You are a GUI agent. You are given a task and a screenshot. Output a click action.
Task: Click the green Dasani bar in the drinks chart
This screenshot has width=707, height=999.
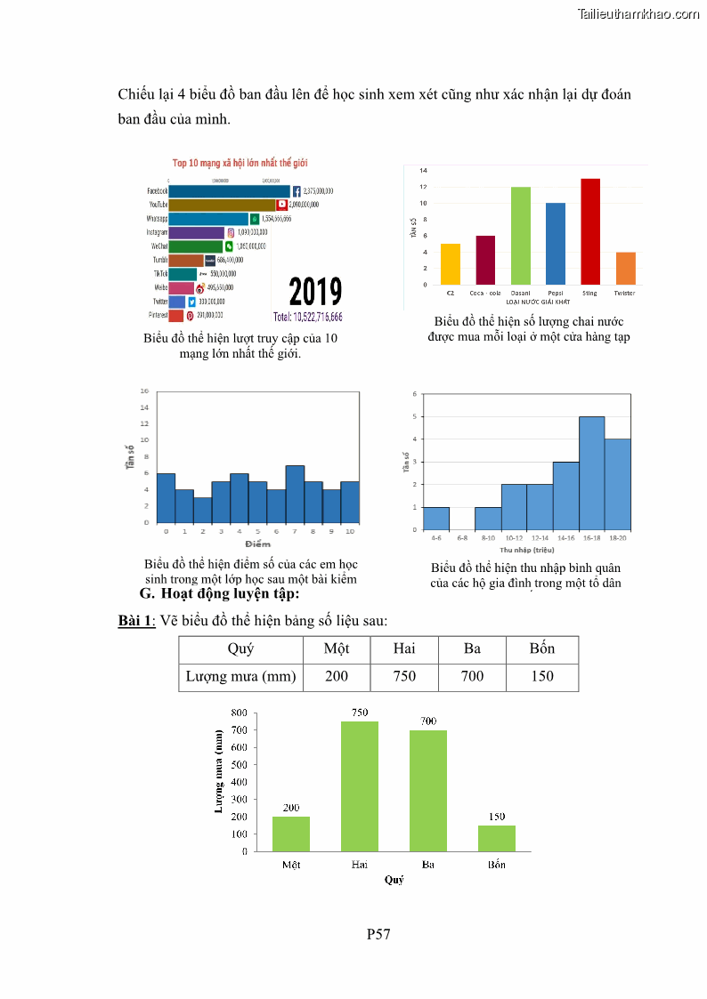[x=520, y=236]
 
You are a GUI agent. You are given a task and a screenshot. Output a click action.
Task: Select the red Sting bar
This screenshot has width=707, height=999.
[x=589, y=231]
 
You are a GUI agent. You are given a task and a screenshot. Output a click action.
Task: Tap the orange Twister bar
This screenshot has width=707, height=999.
[x=625, y=268]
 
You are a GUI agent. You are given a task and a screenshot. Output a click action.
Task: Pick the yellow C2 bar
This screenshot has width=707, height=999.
[x=451, y=263]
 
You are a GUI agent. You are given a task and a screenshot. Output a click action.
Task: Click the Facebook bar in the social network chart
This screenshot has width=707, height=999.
[x=229, y=191]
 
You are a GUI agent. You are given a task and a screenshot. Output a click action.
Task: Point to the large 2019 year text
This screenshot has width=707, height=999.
[x=315, y=292]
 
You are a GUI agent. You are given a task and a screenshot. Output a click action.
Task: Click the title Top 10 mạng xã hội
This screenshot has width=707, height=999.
[x=240, y=163]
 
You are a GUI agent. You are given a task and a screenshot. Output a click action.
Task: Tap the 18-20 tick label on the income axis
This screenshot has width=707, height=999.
[x=617, y=538]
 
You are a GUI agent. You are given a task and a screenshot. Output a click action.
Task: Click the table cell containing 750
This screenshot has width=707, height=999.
[x=404, y=676]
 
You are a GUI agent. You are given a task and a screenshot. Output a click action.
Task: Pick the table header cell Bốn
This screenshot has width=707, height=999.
[x=541, y=649]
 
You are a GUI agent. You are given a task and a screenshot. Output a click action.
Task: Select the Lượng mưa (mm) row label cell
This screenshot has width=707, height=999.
[x=240, y=676]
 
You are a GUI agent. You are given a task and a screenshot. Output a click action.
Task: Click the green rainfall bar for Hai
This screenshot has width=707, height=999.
[x=360, y=786]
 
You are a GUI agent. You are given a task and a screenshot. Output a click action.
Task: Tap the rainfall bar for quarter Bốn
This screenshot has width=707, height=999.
[x=496, y=838]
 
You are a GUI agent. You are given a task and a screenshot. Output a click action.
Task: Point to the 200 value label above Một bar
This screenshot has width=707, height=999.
[x=291, y=808]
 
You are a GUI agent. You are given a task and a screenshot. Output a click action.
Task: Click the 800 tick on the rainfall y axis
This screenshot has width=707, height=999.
[x=238, y=713]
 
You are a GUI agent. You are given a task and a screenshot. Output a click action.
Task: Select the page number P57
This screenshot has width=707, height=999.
[x=378, y=934]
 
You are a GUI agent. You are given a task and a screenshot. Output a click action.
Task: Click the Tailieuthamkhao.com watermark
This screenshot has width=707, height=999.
[x=638, y=13]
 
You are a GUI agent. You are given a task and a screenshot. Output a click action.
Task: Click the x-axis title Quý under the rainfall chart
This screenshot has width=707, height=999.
[x=394, y=879]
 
